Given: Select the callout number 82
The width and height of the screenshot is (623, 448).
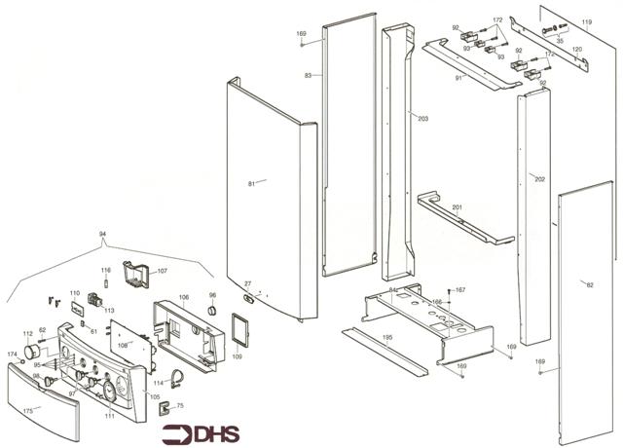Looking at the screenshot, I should pos(590,284).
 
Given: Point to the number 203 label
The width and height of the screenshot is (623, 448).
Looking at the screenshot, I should pos(422,118).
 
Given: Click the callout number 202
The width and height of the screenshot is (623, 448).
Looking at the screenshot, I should pos(539,179).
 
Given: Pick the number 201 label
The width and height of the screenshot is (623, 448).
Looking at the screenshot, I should pos(457,207).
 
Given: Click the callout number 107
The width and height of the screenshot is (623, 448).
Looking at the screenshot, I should pos(163,270).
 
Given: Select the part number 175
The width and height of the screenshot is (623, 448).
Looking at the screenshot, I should pos(28,411).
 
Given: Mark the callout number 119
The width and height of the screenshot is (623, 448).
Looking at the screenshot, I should pos(587,21).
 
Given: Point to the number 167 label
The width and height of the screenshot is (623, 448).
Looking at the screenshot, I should pos(460,290).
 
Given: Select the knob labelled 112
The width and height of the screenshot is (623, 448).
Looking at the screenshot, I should pos(38,350).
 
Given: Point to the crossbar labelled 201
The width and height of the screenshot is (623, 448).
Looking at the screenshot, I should pos(467,221).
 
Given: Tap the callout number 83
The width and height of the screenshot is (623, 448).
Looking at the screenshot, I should pos(308,76).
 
